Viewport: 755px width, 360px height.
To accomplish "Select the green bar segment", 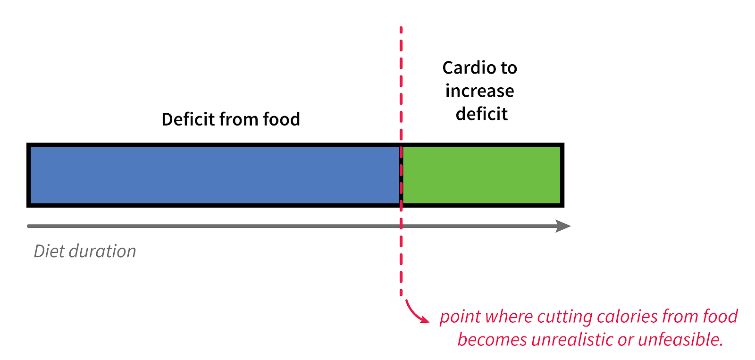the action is [x=481, y=175].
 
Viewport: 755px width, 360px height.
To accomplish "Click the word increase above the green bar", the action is [x=479, y=91].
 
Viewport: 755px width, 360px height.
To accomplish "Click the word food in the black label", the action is [x=281, y=119].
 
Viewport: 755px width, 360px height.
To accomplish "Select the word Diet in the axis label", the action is [x=49, y=251].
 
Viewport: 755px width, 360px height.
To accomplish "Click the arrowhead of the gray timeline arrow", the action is [x=563, y=226].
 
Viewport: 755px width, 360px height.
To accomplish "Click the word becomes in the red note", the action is [x=492, y=340].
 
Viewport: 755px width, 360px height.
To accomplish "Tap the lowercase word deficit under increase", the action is [x=481, y=114].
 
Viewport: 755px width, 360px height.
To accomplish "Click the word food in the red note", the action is [x=720, y=316].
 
